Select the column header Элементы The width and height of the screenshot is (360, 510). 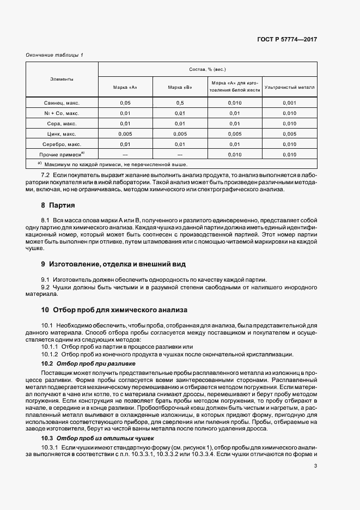62,80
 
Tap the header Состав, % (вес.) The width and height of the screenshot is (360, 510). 207,70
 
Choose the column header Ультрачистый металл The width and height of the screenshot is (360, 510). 289,87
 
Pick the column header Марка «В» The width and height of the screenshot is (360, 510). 180,87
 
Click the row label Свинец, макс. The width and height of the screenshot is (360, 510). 62,103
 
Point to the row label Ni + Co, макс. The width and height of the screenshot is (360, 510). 62,113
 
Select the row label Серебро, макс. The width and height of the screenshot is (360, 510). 62,144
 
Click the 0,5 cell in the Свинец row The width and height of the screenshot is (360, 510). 180,103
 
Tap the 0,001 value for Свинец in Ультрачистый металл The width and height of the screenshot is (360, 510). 289,103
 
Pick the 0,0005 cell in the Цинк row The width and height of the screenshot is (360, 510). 289,133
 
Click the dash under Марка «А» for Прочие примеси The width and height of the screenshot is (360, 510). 125,155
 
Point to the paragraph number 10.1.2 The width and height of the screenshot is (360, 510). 51,354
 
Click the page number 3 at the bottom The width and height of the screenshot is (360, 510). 315,465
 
